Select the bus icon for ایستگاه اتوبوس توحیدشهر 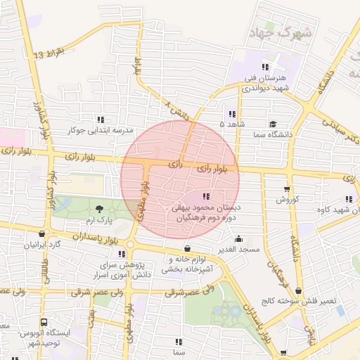pyautogui.click(x=44, y=322)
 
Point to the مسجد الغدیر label pyautogui.click(x=238, y=250)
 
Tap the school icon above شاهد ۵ pyautogui.click(x=231, y=114)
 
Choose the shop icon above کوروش pyautogui.click(x=286, y=188)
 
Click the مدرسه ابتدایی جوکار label pyautogui.click(x=100, y=130)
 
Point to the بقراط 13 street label pyautogui.click(x=49, y=54)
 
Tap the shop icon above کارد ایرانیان pyautogui.click(x=44, y=234)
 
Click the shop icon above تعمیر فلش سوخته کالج pyautogui.click(x=299, y=290)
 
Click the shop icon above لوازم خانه pyautogui.click(x=187, y=249)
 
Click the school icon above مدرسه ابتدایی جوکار pyautogui.click(x=101, y=119)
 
